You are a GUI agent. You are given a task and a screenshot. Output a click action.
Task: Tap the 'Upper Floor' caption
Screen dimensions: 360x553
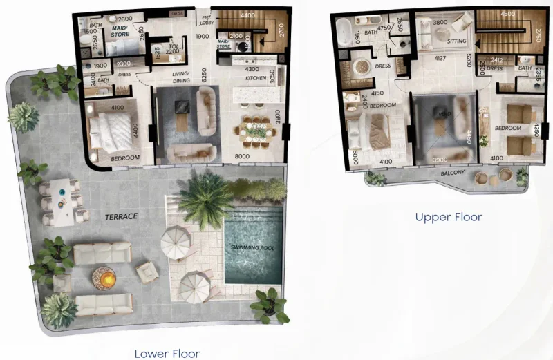(448, 217)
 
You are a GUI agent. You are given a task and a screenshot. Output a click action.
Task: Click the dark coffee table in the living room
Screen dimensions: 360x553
(182, 107)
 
